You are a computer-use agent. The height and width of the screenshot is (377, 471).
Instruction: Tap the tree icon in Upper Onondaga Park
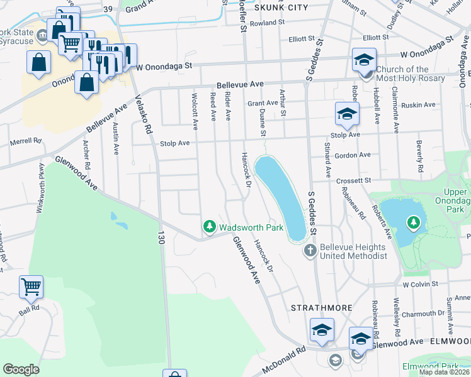click(413, 222)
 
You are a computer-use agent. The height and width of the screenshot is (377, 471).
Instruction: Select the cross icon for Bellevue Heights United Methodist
click(310, 251)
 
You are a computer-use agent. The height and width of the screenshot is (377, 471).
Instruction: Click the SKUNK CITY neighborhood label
click(281, 8)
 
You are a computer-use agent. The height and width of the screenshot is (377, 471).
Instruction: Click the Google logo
click(21, 369)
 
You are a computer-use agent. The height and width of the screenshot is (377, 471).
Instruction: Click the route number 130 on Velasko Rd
click(161, 238)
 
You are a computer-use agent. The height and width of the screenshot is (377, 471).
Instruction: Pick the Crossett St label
click(353, 180)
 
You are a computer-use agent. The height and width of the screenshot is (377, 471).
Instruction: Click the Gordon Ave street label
click(353, 155)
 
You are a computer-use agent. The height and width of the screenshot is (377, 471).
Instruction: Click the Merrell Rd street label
click(25, 142)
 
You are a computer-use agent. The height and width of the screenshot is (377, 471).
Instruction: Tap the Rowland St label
click(263, 23)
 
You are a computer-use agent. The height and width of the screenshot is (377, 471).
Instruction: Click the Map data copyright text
click(445, 372)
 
